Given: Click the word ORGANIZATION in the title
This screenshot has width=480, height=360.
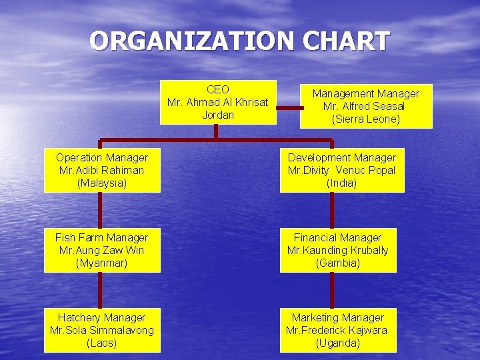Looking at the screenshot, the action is point(192,41).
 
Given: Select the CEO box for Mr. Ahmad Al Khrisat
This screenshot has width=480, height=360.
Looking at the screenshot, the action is point(218,102).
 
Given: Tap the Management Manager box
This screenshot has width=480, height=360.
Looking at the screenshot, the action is point(365,106).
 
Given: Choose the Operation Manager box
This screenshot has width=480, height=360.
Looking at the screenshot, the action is point(102,170).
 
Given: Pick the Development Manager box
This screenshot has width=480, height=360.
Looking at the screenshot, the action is point(342,170).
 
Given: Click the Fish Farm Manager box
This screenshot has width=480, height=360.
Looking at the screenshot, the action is point(102,250).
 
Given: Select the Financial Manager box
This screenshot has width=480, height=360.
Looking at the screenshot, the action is point(338,250).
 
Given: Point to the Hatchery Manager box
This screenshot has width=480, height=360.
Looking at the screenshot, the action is point(102,330).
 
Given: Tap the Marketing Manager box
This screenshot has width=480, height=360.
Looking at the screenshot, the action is point(338,330).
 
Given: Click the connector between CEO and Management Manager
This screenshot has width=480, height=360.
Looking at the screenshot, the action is point(288,107).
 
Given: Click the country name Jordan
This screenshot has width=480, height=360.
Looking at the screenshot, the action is point(218,115).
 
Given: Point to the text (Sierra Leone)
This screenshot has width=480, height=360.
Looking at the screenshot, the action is point(365,119).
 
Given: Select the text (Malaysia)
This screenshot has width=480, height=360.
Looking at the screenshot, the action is point(102,183).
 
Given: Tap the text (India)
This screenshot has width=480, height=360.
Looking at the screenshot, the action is point(342,183).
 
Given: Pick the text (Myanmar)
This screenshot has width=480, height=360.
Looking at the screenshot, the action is point(102,263).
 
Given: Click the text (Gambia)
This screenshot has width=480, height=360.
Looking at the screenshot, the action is point(338,263).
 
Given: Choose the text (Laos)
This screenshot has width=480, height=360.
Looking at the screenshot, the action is point(102,343).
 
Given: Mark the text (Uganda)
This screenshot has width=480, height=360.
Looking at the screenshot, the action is point(338,343).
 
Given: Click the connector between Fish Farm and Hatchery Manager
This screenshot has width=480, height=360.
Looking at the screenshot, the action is point(99,290).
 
